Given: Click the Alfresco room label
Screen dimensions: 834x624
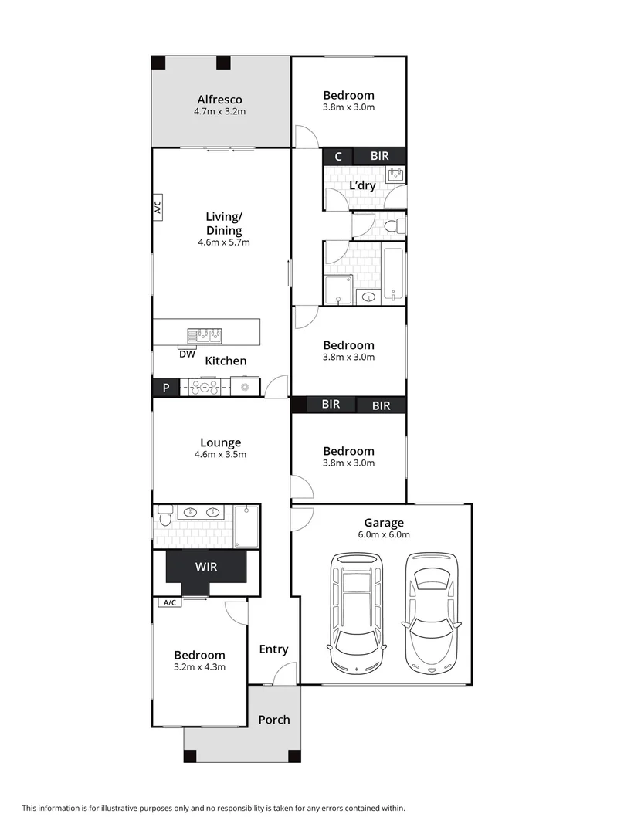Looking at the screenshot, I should [x=219, y=100].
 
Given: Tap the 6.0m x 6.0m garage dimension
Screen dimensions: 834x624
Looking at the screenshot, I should [x=384, y=534].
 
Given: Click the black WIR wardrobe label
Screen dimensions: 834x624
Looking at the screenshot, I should [x=206, y=567].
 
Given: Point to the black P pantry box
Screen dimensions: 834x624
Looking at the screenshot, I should [x=165, y=388].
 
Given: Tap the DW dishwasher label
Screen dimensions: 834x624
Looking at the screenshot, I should [x=187, y=354].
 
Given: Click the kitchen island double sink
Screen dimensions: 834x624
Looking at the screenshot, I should [x=204, y=335].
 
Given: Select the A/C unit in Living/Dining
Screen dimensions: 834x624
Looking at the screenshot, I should [x=158, y=207].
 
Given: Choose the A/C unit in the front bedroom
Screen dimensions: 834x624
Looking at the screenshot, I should [x=170, y=603].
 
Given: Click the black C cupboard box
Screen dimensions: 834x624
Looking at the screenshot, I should [x=337, y=156].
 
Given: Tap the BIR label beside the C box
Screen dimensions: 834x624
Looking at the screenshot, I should [x=379, y=156].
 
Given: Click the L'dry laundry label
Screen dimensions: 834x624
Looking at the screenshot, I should [x=362, y=186].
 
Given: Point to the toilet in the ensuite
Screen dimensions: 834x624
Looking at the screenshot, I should [x=163, y=513].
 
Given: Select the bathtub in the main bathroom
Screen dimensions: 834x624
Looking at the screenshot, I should [x=392, y=275].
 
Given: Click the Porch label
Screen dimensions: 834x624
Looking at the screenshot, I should [x=273, y=720].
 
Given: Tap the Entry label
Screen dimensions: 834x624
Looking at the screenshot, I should [x=273, y=649].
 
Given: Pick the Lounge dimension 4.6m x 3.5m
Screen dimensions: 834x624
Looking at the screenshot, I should [x=221, y=454].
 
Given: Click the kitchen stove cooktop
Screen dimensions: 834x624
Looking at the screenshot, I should [x=205, y=387].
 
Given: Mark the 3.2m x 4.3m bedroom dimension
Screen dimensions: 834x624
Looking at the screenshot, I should [x=199, y=667].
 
